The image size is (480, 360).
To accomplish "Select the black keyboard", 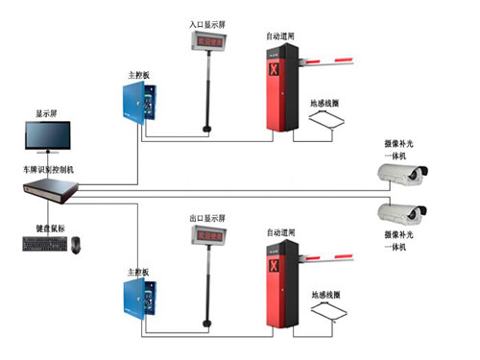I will (40, 245).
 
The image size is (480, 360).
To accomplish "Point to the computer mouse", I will (76, 246).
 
